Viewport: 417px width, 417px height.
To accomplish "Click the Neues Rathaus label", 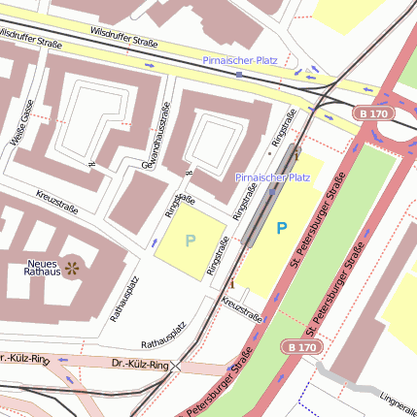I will pos(42,267).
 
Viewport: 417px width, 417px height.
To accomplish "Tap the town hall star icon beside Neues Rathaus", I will pos(72,266).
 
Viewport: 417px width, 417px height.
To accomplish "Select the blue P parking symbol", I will pos(282,229).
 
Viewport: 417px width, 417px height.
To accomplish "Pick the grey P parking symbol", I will pos(191,240).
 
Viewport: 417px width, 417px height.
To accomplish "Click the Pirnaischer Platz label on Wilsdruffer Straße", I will pos(240,60).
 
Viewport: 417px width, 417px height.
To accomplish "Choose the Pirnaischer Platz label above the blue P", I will pos(273,177).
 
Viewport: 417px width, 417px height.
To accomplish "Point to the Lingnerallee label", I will pos(398,399).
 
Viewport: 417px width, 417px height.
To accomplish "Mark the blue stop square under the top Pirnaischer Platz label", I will pos(240,73).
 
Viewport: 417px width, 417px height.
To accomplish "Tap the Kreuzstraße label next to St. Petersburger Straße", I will pos(242,309).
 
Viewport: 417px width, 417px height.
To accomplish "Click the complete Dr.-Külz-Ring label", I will pos(140,367).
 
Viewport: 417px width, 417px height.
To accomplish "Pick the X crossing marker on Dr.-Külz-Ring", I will pos(177,368).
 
